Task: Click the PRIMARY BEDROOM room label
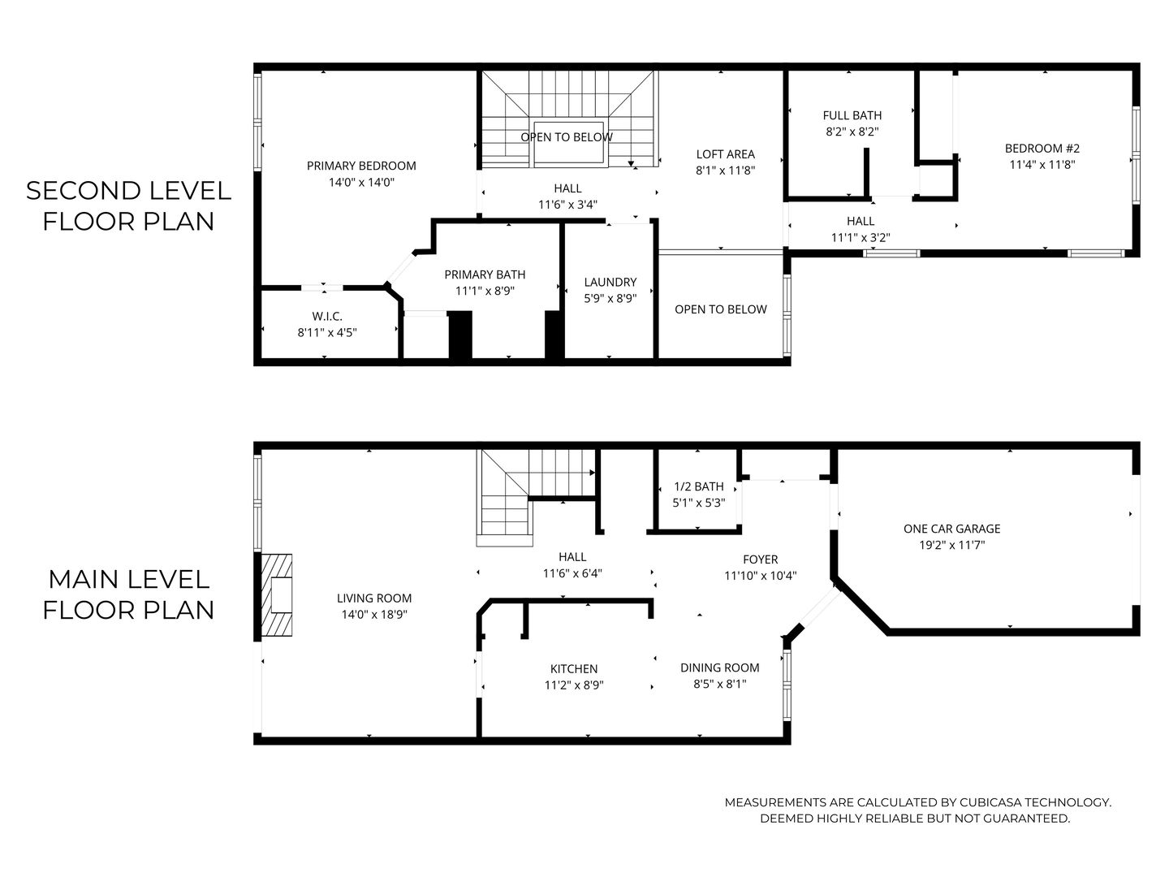pos(361,166)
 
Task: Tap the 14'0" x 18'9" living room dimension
pos(374,615)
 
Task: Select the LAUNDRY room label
pos(610,282)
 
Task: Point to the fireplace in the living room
pos(278,595)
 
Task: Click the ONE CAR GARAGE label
pos(951,529)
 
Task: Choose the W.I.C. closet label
pos(327,316)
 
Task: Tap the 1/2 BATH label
pos(698,486)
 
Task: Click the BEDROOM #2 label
pos(1042,148)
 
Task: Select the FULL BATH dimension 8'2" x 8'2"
pos(852,131)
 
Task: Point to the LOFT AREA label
pos(725,153)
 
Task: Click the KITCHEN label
pos(574,668)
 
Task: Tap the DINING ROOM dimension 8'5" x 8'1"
pos(719,684)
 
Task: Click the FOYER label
pos(760,559)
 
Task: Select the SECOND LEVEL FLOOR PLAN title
pos(128,205)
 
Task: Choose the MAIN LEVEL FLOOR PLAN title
pos(128,594)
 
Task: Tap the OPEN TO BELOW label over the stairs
pos(567,137)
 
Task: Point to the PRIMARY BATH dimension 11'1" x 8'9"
pos(485,291)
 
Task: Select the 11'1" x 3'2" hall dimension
pos(861,237)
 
